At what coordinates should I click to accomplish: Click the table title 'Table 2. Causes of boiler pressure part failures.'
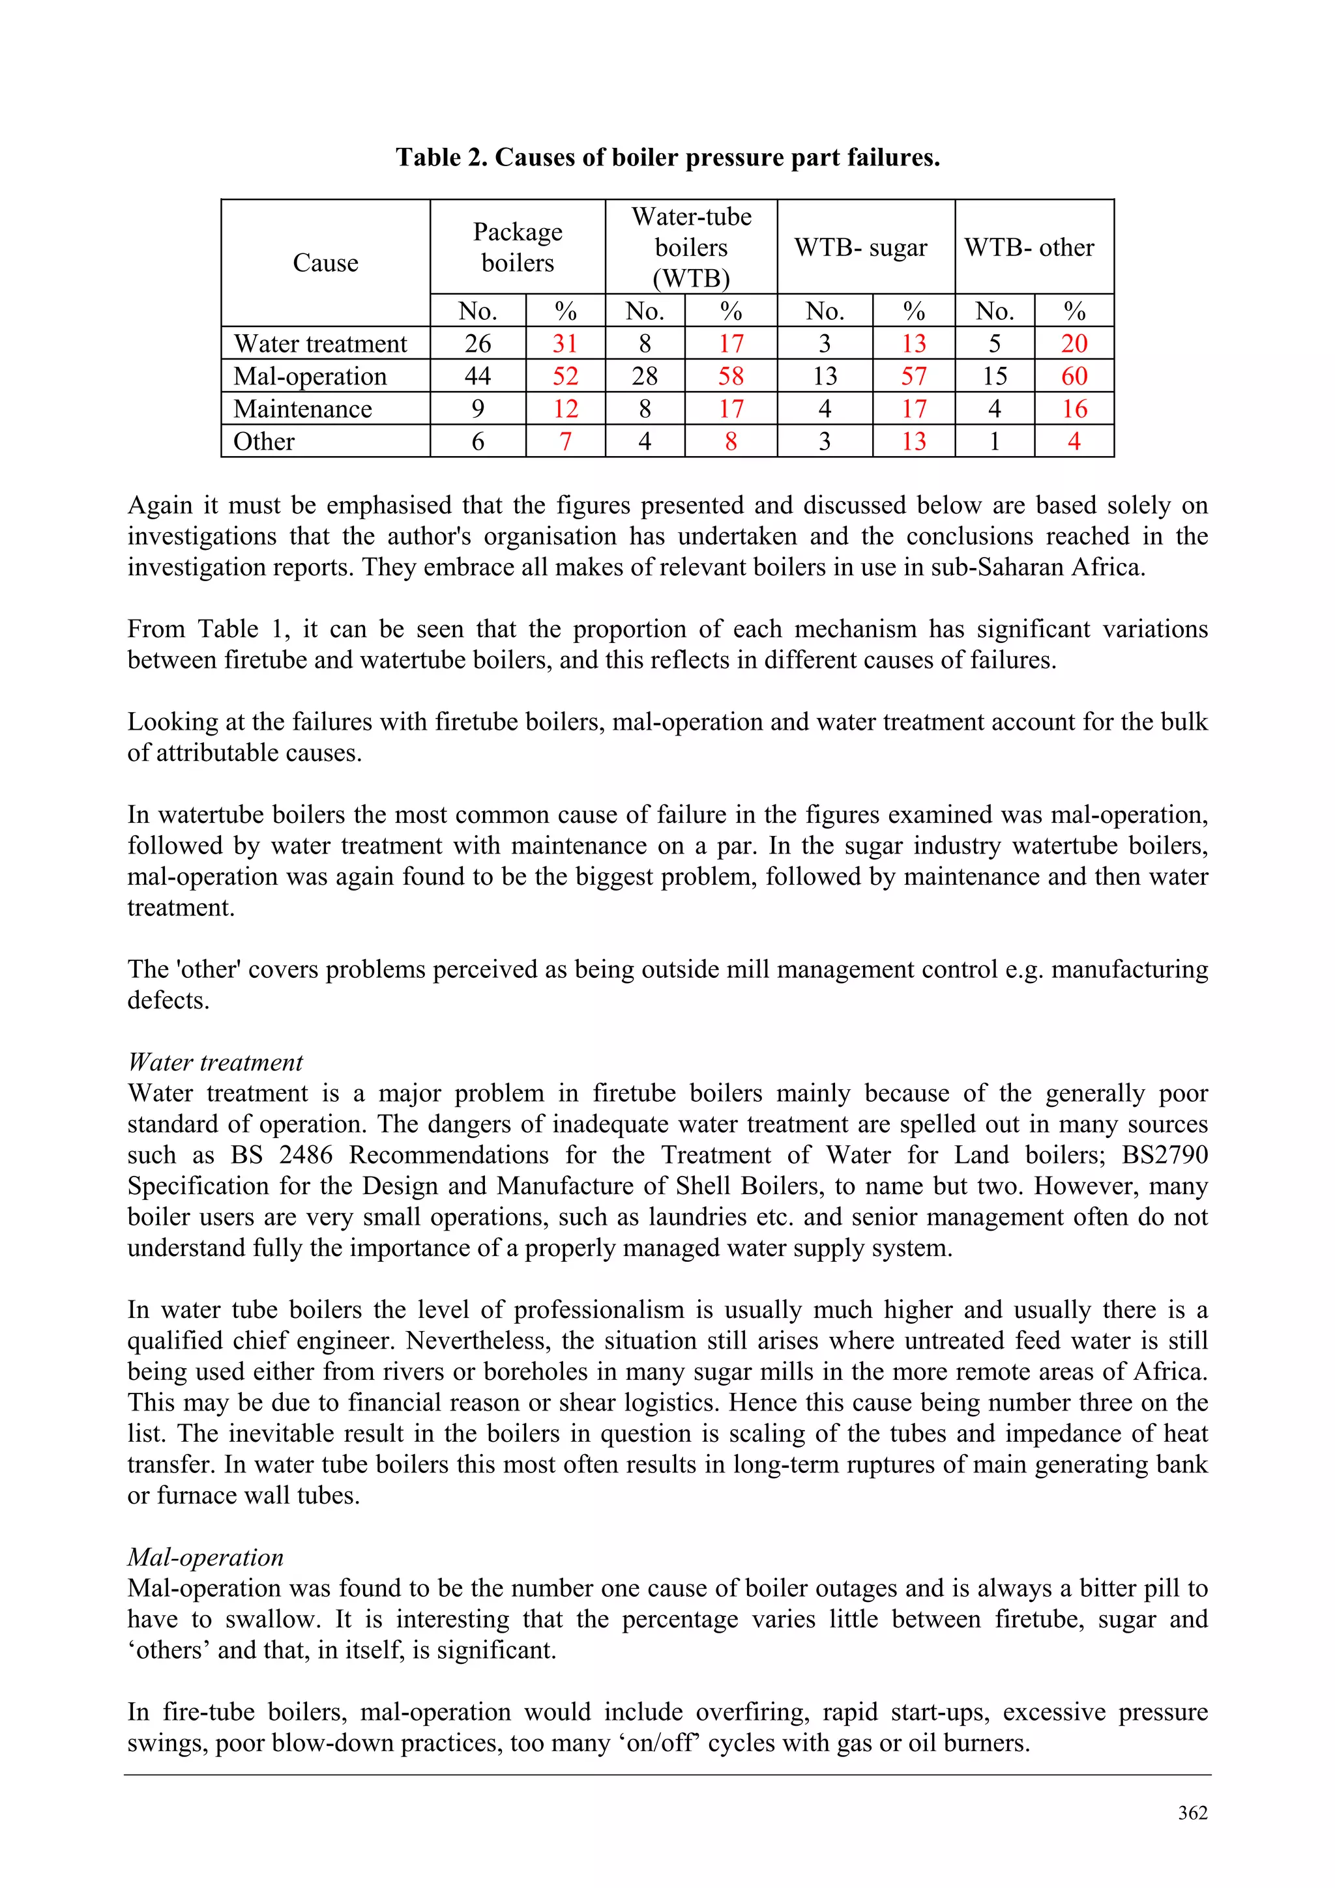(x=667, y=157)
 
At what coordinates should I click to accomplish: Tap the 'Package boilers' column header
(x=518, y=247)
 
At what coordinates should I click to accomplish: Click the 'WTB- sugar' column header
(x=860, y=248)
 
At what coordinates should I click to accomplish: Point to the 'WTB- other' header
(x=1029, y=248)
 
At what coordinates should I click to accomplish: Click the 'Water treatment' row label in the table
(x=320, y=344)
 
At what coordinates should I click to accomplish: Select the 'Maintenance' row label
(x=302, y=408)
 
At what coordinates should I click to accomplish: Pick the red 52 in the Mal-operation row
(x=565, y=377)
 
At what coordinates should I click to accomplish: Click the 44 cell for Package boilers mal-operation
(x=477, y=377)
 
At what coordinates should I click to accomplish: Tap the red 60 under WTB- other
(x=1074, y=377)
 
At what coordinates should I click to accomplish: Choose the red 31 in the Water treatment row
(x=565, y=344)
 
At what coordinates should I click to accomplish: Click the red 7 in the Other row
(x=565, y=442)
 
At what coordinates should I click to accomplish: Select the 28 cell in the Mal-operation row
(x=644, y=377)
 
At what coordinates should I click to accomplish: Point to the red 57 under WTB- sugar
(x=913, y=377)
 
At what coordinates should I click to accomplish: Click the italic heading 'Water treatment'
(x=216, y=1063)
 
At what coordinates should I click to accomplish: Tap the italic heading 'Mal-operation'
(x=205, y=1558)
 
